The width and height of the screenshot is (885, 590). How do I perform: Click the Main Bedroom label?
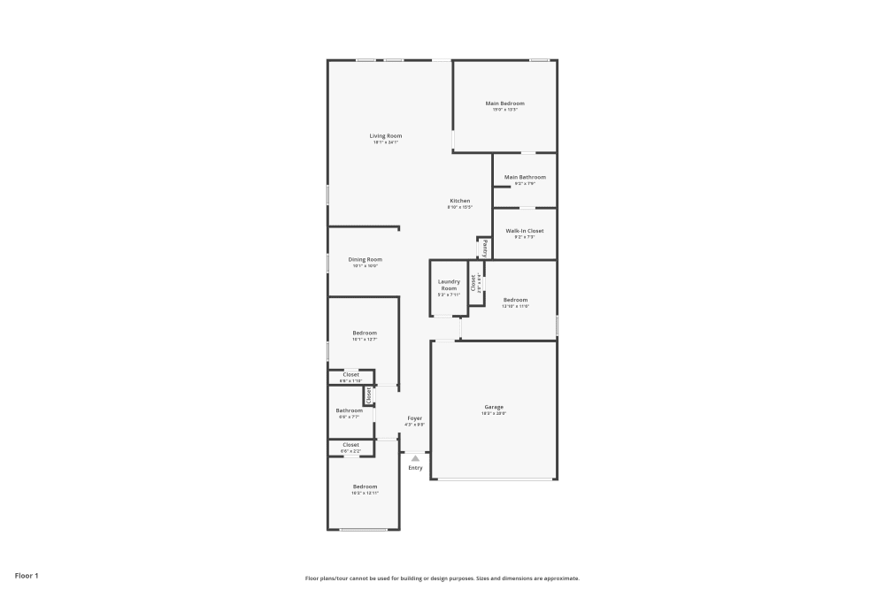[504, 103]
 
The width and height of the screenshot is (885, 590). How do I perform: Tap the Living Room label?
[386, 135]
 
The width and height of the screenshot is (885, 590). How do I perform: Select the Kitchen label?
[460, 201]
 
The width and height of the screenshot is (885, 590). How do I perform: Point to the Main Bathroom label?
[525, 177]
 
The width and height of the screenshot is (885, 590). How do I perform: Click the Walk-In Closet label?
[525, 231]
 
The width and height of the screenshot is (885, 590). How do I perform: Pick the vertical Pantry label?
[485, 248]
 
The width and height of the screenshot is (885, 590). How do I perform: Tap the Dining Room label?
[365, 259]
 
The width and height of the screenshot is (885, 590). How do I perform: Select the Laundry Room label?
[449, 285]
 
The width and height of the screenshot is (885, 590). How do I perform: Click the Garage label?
[494, 407]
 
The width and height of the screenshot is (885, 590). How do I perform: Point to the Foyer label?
[414, 418]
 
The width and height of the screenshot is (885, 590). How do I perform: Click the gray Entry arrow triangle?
[415, 457]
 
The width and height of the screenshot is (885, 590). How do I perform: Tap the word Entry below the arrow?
[415, 468]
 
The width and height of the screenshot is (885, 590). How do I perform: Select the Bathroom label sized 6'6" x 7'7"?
[349, 410]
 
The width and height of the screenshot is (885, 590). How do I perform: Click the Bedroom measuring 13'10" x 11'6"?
[515, 300]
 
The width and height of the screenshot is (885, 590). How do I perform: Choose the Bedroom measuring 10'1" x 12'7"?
[365, 333]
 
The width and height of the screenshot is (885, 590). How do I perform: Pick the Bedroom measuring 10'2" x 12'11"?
[365, 487]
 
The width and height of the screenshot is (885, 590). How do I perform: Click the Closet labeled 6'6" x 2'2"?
[350, 445]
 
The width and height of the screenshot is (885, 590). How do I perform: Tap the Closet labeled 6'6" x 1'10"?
[350, 374]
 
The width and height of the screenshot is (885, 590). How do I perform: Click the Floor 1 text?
[27, 576]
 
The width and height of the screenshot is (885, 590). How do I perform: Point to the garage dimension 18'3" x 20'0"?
[494, 413]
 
